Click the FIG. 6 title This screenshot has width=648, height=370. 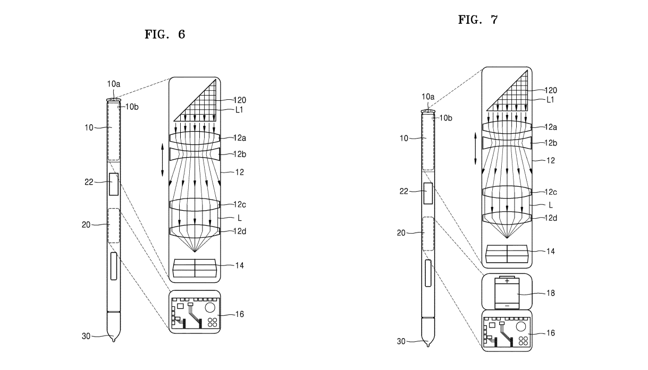point(165,35)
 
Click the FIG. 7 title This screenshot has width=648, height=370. point(478,20)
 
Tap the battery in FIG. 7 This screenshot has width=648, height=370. point(507,292)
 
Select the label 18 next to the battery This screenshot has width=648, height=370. point(551,293)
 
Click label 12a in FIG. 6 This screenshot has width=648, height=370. point(240,138)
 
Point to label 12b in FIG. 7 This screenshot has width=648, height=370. point(551,143)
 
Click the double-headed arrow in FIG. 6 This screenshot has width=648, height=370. point(162,160)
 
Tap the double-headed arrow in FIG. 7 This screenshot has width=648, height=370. point(475,149)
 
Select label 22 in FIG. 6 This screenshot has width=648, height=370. point(89,182)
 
